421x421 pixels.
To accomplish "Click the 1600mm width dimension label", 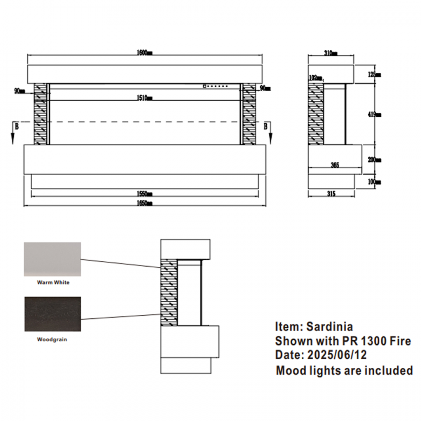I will point(145,53).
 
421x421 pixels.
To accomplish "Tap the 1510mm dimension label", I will point(145,98).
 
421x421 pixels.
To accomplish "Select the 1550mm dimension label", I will point(145,194).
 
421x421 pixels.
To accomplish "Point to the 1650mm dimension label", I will point(145,203).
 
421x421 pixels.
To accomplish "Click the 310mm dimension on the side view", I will point(330,53).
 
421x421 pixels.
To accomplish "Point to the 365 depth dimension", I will point(335,165).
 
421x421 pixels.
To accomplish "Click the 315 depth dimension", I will point(331,194).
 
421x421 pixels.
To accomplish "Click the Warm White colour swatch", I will point(52,259).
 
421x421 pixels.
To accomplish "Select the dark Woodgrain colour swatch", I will point(52,314).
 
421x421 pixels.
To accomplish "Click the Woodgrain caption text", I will point(52,340).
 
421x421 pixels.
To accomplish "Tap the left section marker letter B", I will point(16,126).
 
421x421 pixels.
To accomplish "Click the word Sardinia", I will point(329,327).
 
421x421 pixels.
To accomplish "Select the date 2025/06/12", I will point(337,355).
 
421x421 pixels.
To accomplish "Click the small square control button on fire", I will point(204,86).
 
